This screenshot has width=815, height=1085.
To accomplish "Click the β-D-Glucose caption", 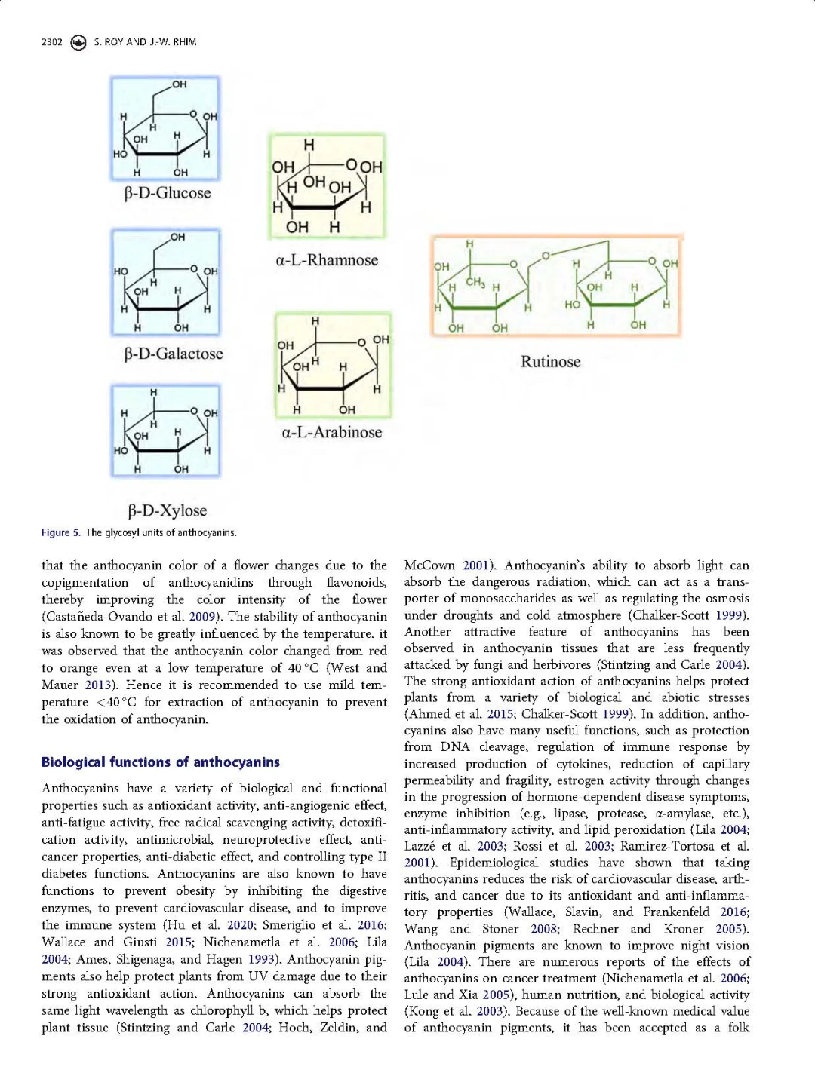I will (167, 193).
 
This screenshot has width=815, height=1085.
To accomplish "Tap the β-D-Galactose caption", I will (173, 354).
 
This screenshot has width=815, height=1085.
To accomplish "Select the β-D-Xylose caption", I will (167, 510).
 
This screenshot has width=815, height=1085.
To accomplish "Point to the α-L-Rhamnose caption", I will (327, 260).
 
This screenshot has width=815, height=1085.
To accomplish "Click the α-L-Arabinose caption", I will (331, 432).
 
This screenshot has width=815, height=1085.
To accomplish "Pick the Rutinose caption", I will (550, 362).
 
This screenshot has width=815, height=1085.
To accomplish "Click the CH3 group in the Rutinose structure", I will (475, 283).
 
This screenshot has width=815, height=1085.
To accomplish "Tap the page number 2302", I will (52, 42).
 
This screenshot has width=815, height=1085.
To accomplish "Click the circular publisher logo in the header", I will (78, 42).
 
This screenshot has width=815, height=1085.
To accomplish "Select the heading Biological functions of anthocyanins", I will (160, 762).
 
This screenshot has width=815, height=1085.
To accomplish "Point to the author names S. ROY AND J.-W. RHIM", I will (145, 42).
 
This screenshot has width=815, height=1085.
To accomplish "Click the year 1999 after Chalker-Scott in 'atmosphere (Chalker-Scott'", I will (732, 615).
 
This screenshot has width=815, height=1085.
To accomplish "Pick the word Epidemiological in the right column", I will (494, 863).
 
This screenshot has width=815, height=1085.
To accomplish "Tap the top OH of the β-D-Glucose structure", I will (179, 84).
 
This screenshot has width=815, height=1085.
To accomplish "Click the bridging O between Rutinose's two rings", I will (545, 256).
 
